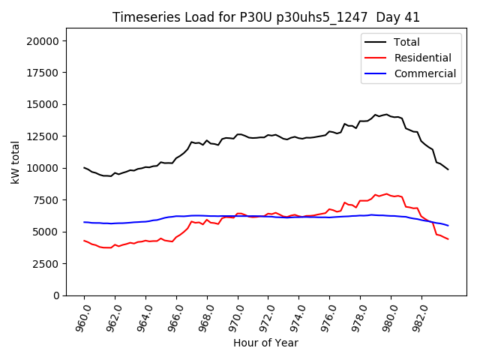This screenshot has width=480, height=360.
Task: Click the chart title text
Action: (x=266, y=17)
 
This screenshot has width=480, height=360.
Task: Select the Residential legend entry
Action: (x=422, y=58)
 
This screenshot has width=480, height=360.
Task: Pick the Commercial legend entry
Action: (x=424, y=73)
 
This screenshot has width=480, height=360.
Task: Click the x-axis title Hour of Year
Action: (x=265, y=343)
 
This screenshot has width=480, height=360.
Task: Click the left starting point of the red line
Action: (x=84, y=241)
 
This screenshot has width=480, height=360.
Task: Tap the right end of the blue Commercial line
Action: (x=448, y=226)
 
